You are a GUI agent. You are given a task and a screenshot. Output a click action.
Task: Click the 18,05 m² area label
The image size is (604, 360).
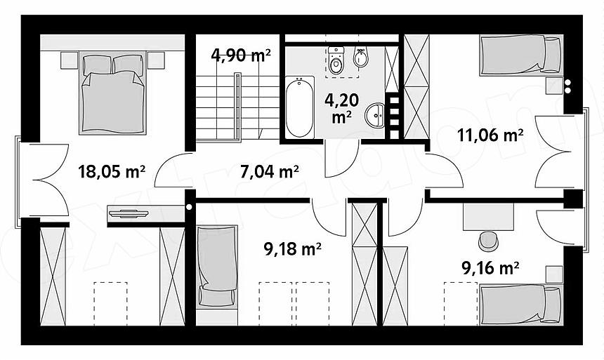click(x=112, y=171)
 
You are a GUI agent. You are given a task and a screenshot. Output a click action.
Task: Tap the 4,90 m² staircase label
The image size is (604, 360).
click(x=241, y=55)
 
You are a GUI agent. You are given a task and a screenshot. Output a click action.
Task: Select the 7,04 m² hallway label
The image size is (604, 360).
click(x=269, y=171)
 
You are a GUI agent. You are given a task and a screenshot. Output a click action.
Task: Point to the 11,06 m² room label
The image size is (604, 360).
click(x=490, y=135)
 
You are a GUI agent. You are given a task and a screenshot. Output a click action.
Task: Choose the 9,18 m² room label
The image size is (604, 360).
click(x=292, y=249)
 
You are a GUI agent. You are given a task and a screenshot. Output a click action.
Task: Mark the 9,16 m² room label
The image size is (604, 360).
click(x=490, y=268)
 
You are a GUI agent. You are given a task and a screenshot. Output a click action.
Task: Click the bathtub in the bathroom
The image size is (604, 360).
click(x=300, y=107)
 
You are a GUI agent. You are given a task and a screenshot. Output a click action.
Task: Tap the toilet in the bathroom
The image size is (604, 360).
click(x=336, y=60)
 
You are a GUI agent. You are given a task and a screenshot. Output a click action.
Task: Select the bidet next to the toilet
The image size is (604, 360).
click(x=360, y=57)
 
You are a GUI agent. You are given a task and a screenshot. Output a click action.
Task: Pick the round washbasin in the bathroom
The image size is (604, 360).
click(x=375, y=115)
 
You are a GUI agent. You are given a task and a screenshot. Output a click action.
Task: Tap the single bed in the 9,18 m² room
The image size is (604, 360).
click(x=217, y=267)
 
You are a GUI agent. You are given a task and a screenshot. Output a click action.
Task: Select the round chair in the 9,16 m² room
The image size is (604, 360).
click(x=488, y=241)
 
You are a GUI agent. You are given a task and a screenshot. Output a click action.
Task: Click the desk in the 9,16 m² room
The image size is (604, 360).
click(x=488, y=218)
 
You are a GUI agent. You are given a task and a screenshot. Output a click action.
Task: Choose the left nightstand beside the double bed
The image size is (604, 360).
click(x=70, y=60)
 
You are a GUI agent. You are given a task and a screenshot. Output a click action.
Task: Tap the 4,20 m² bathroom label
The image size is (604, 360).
click(x=341, y=109)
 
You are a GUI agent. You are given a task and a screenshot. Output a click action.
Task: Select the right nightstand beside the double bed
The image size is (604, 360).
click(x=156, y=60)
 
